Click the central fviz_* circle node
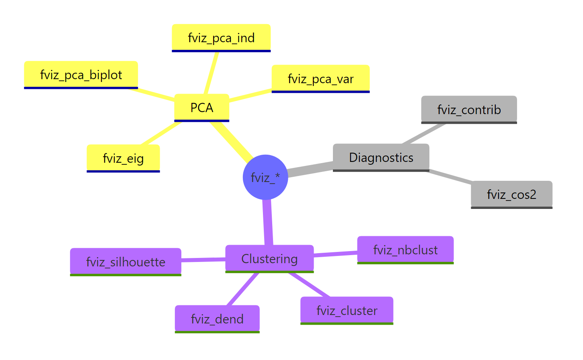tap(265, 177)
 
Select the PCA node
tap(201, 107)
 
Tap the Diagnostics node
tap(381, 157)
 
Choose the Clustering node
tap(269, 258)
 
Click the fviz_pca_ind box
tap(221, 38)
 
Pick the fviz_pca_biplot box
tap(81, 75)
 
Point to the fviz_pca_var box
tap(320, 79)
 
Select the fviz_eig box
tap(123, 158)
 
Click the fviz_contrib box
tap(469, 109)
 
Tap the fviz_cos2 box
tap(511, 194)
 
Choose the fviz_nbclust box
tap(405, 250)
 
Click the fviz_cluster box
tap(347, 310)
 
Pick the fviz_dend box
tap(217, 319)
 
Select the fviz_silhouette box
tap(125, 262)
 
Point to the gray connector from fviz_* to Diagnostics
tap(310, 169)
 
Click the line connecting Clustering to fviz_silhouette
tap(203, 260)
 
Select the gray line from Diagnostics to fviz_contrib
tap(424, 133)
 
